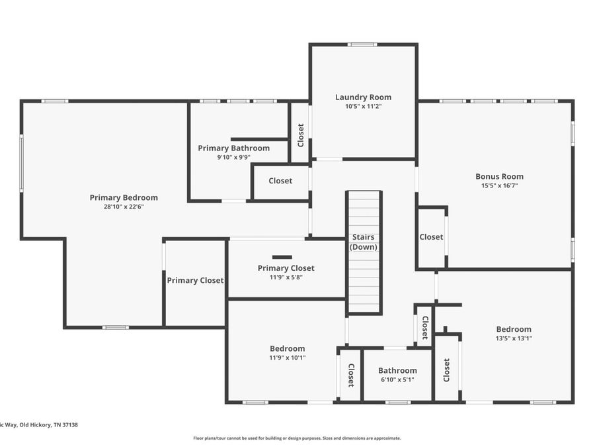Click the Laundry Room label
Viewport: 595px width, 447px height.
(363, 97)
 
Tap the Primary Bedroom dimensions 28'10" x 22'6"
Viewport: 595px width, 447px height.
(124, 207)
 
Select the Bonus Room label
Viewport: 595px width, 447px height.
(499, 176)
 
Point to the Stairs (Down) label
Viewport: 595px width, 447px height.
(364, 242)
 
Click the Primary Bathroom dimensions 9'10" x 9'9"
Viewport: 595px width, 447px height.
(234, 158)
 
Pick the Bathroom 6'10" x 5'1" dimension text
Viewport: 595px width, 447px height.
(397, 379)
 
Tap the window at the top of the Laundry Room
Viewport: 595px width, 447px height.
(362, 44)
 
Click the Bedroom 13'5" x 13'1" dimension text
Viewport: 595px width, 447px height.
(514, 338)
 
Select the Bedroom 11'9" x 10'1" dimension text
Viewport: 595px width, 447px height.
(288, 358)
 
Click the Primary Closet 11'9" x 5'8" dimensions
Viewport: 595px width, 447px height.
(286, 277)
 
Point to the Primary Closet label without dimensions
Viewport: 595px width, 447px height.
(195, 281)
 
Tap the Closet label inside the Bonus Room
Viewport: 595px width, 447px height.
(431, 237)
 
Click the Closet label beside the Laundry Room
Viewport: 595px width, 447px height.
(301, 135)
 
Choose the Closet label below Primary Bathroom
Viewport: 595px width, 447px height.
(280, 181)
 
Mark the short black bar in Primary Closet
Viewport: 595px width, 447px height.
(282, 258)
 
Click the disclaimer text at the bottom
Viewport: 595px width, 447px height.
(297, 438)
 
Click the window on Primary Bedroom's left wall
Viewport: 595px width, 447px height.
(22, 163)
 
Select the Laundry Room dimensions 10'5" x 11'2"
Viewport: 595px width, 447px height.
(363, 107)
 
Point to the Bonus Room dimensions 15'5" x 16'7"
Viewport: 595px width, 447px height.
(499, 186)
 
